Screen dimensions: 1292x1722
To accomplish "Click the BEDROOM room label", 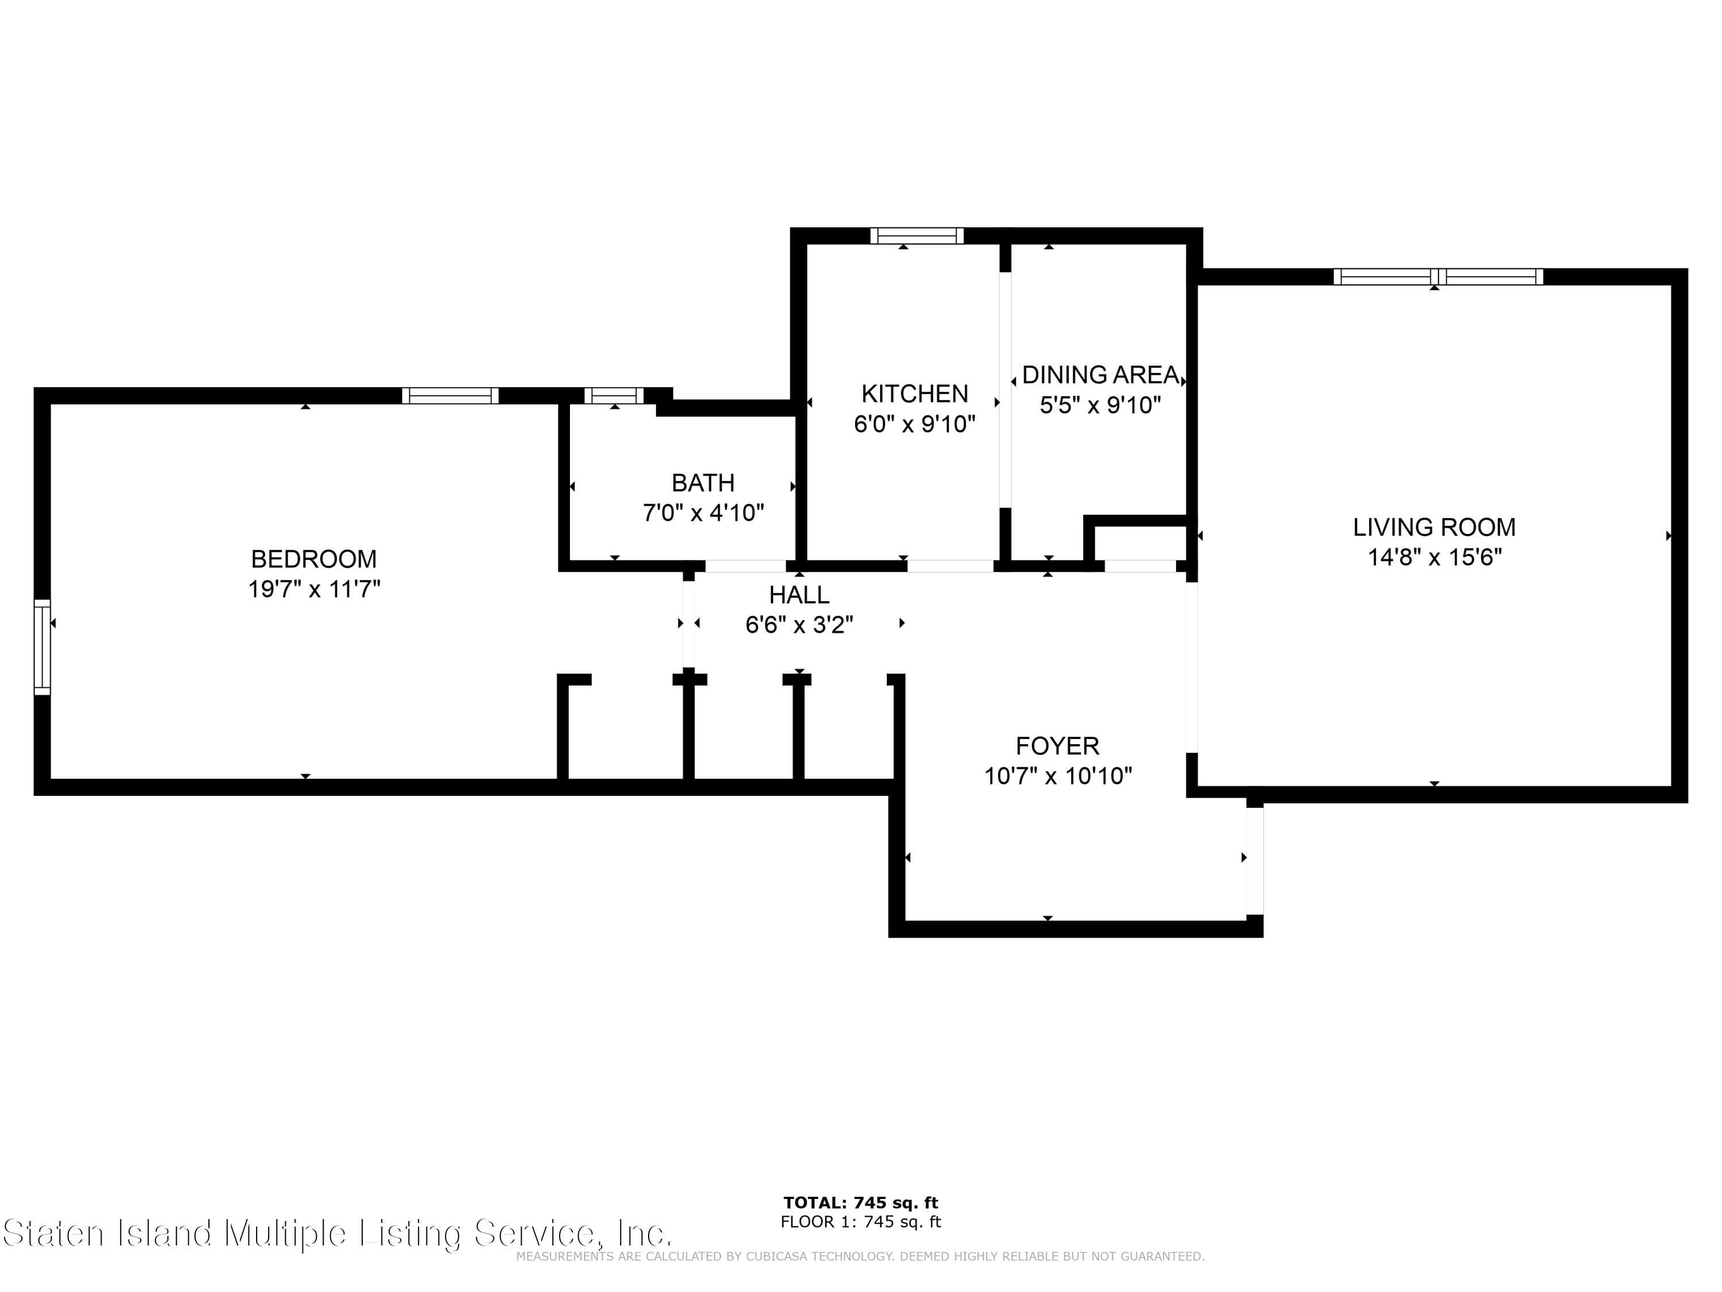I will [314, 559].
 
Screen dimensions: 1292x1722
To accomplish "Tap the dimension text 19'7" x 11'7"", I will [314, 589].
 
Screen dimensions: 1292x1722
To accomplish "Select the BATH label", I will [703, 483].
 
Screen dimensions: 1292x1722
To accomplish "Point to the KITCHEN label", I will [915, 393].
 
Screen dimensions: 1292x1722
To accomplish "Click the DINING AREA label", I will [1100, 374].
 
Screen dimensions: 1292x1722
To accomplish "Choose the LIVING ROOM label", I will [1434, 527].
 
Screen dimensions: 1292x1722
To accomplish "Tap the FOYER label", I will [1057, 746].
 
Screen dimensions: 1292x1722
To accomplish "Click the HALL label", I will [799, 595].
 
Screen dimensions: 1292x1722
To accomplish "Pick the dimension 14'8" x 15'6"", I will [1434, 558].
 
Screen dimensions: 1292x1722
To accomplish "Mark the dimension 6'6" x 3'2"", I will [799, 625].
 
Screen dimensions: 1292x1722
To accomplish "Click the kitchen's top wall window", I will [916, 235].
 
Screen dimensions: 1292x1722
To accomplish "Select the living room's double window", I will [1438, 276].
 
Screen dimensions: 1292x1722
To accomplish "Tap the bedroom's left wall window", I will [42, 647].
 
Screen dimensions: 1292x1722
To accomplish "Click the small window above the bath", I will [614, 396].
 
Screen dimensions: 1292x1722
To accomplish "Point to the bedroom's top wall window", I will [450, 396].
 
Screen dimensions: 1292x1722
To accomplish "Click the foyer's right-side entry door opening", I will [1254, 861].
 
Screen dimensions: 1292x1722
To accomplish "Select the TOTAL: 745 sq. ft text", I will [860, 1202].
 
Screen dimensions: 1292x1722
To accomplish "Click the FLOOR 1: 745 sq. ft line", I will [860, 1222].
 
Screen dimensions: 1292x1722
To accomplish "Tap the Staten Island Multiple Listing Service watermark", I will [336, 1233].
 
